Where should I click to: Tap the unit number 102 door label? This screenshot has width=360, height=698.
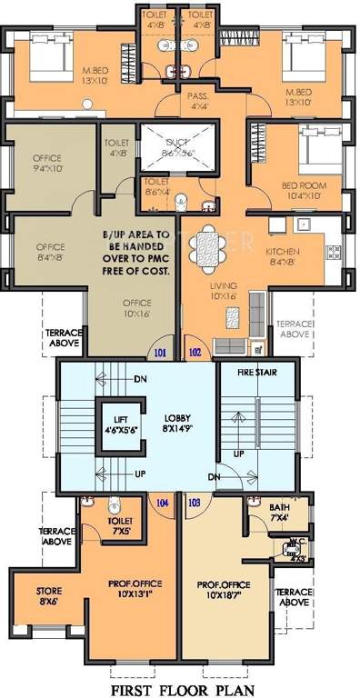point(194,352)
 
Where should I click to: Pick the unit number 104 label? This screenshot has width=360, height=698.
point(164,501)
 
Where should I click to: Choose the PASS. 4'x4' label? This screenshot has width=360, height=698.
point(199,99)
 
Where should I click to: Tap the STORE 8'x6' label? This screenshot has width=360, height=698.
point(49,596)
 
